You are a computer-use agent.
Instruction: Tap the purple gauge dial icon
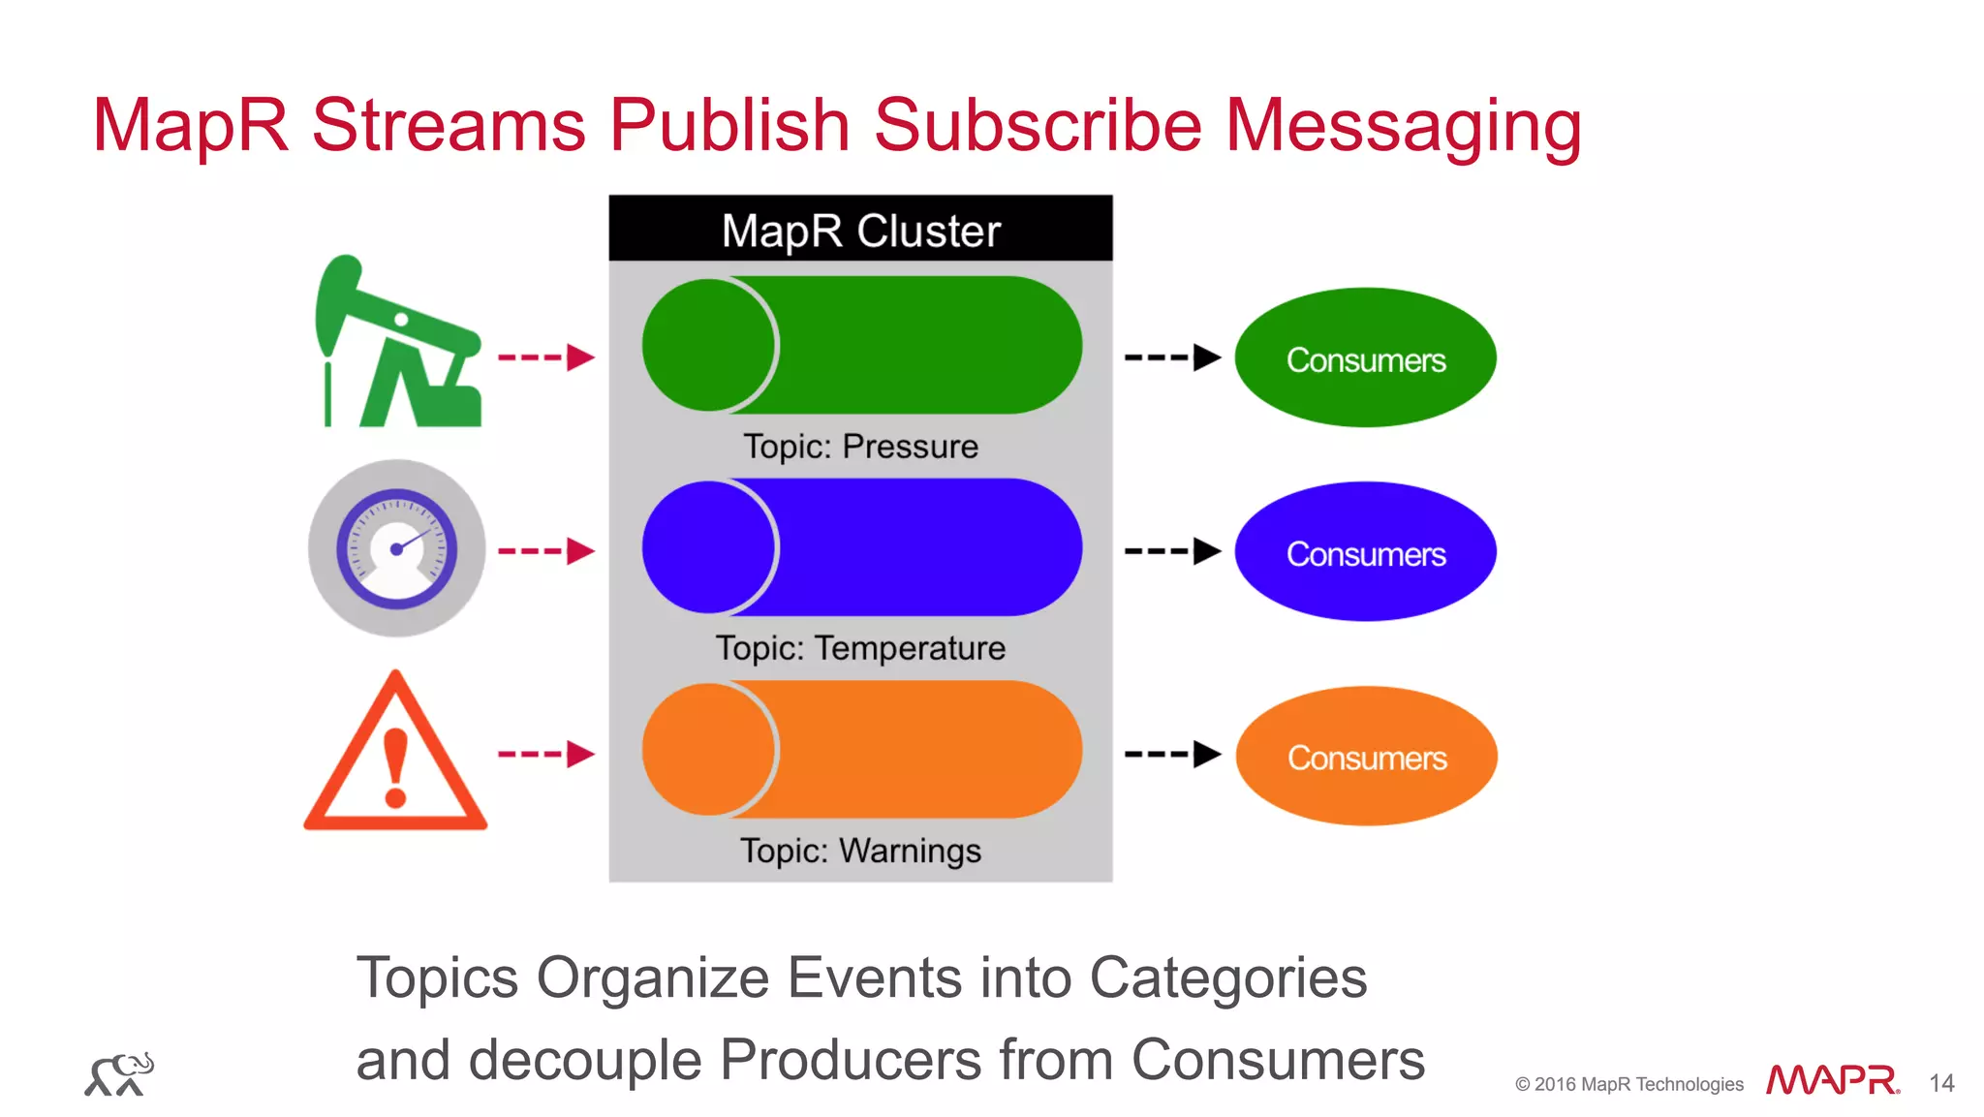point(396,548)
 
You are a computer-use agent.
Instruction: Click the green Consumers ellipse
point(1365,358)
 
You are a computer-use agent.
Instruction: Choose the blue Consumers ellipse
point(1365,552)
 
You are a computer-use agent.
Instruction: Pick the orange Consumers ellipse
point(1366,757)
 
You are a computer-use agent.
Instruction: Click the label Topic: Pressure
point(860,447)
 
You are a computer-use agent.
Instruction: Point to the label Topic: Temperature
point(860,648)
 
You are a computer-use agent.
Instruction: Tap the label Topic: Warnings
point(860,851)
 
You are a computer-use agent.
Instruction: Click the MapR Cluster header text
point(860,231)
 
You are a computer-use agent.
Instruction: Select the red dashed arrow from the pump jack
point(545,357)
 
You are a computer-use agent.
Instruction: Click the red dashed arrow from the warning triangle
point(545,754)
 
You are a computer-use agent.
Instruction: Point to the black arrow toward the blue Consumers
point(1172,551)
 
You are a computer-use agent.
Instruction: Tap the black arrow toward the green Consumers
point(1172,357)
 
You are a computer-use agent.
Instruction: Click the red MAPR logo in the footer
point(1831,1080)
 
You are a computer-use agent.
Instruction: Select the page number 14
point(1941,1083)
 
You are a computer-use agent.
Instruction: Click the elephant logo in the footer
point(119,1074)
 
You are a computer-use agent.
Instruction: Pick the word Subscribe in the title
point(1038,126)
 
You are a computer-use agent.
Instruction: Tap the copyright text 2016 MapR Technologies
point(1629,1084)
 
